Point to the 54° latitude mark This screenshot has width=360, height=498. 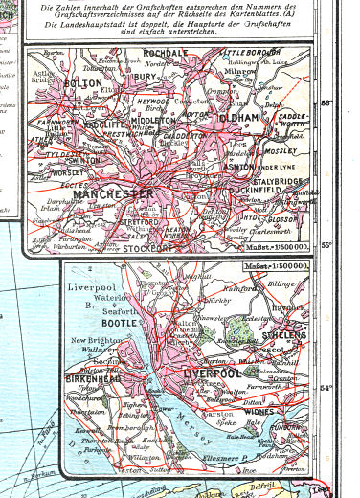coord(326,388)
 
